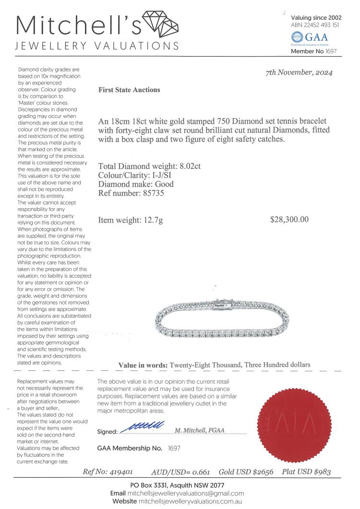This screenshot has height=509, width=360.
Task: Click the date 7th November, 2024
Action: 299,73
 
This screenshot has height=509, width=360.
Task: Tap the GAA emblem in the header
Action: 297,36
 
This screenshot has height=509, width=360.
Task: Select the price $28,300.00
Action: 289,220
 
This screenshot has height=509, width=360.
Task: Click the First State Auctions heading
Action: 129,90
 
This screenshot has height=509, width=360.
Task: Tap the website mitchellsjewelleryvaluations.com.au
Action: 190,501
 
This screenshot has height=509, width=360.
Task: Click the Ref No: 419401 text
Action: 111,472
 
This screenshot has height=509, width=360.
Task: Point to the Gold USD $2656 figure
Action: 246,472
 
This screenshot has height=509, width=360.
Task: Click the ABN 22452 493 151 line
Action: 315,25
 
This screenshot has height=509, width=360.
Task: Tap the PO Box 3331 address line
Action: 180,485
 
